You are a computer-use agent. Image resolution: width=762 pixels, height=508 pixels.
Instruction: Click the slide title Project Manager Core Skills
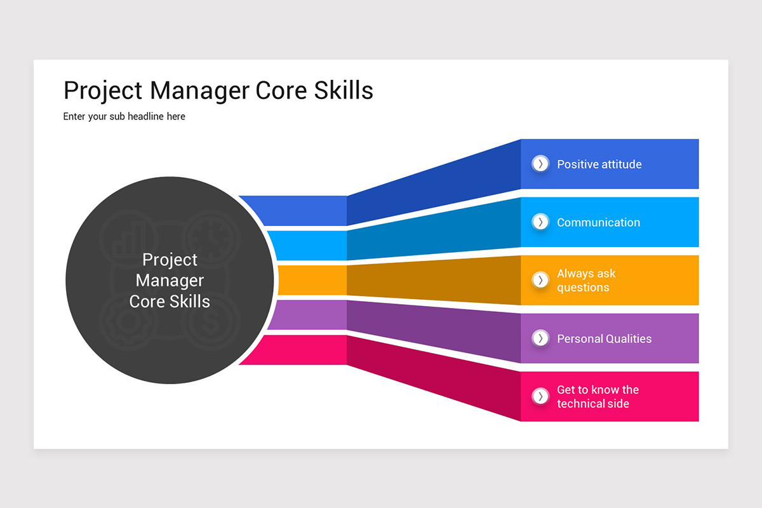(x=218, y=91)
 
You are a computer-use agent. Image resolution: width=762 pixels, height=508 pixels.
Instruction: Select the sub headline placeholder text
(x=124, y=117)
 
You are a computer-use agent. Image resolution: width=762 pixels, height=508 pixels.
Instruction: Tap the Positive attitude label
(x=599, y=164)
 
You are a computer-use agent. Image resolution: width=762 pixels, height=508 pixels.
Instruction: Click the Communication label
(x=598, y=223)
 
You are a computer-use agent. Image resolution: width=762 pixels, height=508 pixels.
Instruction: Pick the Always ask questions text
(x=585, y=281)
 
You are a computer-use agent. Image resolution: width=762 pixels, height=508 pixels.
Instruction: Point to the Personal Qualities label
(x=604, y=339)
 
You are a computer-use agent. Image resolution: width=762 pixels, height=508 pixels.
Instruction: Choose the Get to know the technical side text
(x=597, y=397)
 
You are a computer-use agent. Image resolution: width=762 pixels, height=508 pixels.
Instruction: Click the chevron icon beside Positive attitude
(x=540, y=164)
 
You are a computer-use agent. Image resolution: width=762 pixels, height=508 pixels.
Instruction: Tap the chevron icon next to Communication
(x=540, y=222)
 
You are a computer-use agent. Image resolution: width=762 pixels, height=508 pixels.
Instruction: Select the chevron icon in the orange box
(x=540, y=280)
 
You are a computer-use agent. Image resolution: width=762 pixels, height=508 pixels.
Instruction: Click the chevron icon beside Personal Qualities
(x=540, y=338)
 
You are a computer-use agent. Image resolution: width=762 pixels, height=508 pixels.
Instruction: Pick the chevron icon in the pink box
(x=540, y=397)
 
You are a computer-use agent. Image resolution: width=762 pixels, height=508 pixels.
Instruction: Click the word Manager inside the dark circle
(x=170, y=280)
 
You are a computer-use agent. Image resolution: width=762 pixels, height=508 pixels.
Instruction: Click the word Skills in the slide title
(x=343, y=91)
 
